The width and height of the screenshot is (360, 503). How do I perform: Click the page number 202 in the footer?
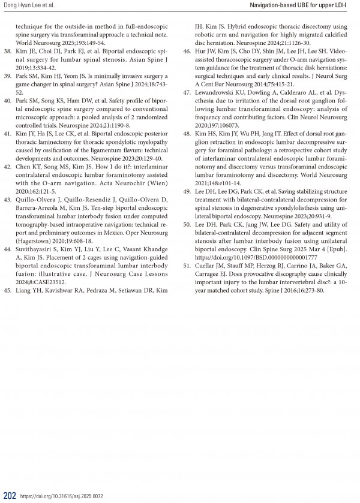coord(9,495)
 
